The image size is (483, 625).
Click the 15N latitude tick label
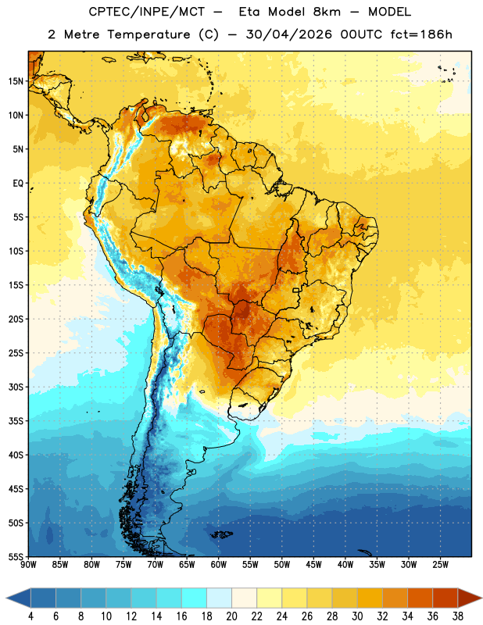pos(16,81)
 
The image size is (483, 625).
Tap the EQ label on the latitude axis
pos(18,184)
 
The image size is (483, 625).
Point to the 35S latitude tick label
pos(16,421)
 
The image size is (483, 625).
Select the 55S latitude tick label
pos(16,557)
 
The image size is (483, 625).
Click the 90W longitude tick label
pos(29,565)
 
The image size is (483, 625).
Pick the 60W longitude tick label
pos(219,565)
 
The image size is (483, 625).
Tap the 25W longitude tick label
pos(440,565)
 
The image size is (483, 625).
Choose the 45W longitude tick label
pos(313,565)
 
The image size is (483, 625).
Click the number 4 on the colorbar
pos(30,616)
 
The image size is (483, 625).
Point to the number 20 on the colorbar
pos(231,616)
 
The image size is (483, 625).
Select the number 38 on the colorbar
pos(458,616)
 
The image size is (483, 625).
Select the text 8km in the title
pos(327,12)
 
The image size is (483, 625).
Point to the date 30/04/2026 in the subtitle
pos(288,34)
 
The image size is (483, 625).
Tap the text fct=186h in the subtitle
pos(421,34)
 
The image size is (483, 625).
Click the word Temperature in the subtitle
pos(148,34)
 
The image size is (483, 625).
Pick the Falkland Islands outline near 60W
pos(222,534)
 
